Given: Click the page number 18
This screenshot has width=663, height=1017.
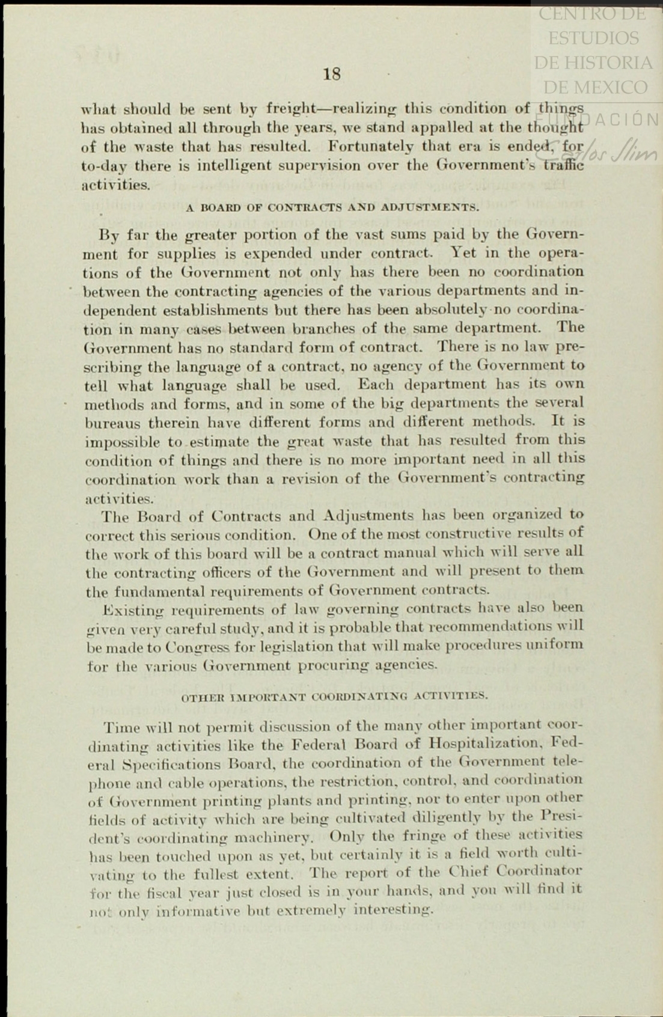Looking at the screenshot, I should coord(331,74).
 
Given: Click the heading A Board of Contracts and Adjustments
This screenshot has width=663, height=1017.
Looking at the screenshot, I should coord(332,208).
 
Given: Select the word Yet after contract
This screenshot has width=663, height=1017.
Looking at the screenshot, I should coord(465,253).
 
